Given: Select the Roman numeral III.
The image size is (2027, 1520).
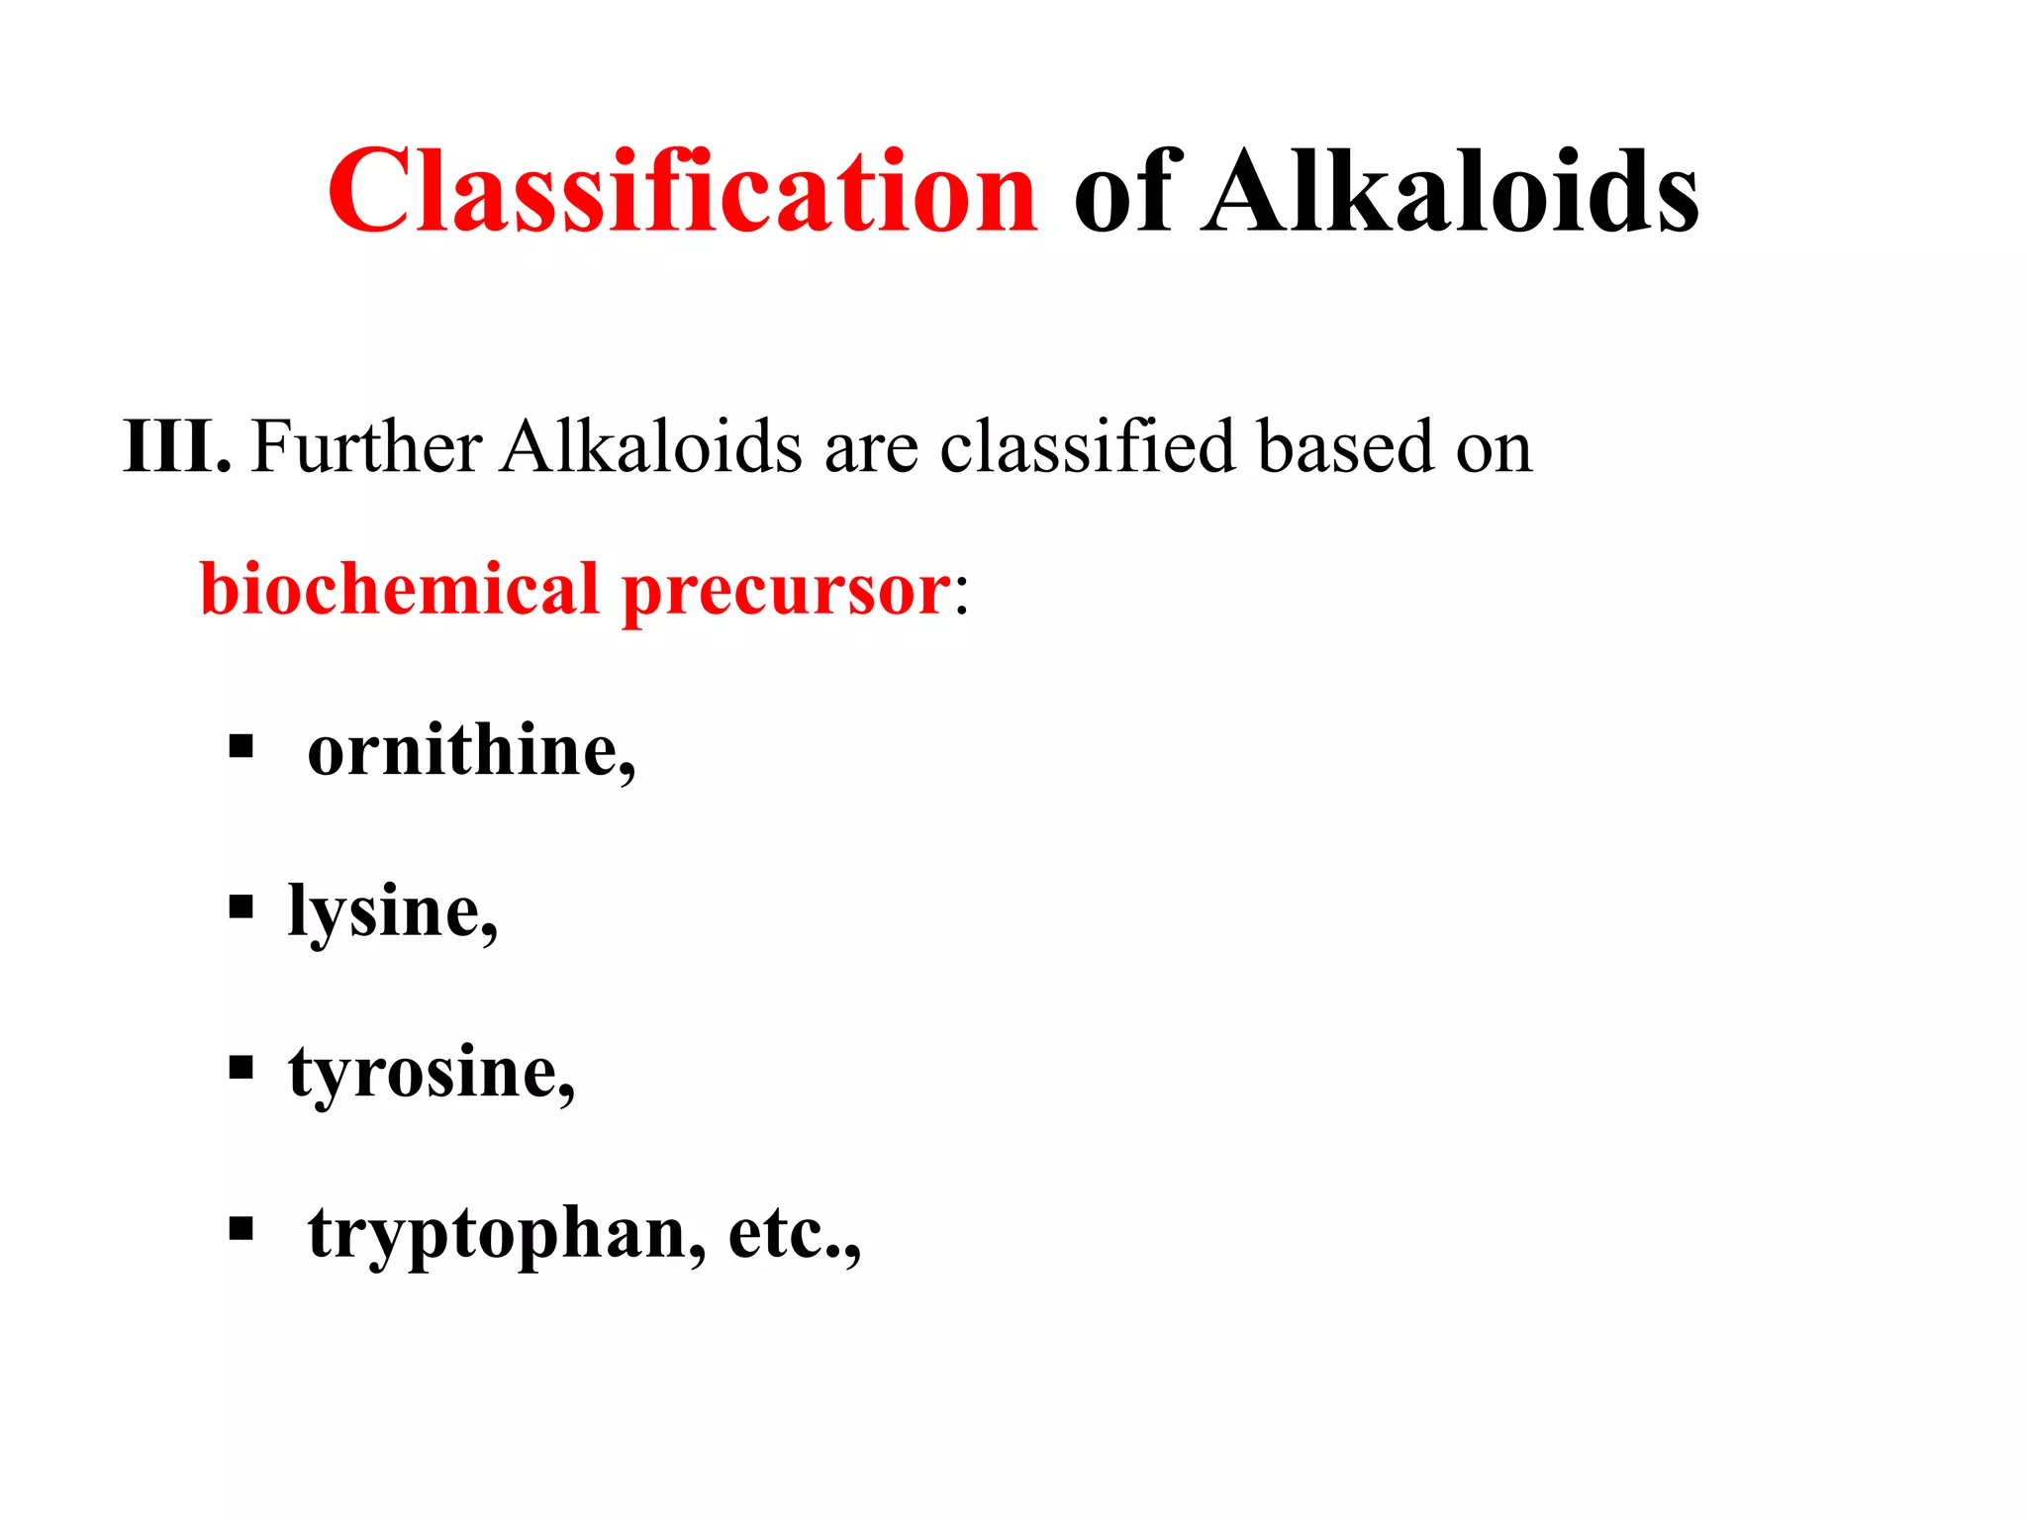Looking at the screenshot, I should coord(176,446).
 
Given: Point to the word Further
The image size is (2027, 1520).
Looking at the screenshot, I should coord(366,446).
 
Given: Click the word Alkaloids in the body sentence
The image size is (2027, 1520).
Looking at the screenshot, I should coord(650,446).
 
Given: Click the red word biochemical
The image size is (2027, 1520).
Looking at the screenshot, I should coord(400,590).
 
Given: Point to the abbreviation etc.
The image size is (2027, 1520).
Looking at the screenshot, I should coord(792,1235).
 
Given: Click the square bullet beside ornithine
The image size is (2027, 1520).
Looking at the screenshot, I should coord(241,745).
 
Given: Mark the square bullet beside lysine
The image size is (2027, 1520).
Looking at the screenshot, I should coord(241,906).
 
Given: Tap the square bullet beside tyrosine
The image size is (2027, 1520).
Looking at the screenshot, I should coord(241,1068).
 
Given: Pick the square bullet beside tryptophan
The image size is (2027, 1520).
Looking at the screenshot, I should coord(241,1229).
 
